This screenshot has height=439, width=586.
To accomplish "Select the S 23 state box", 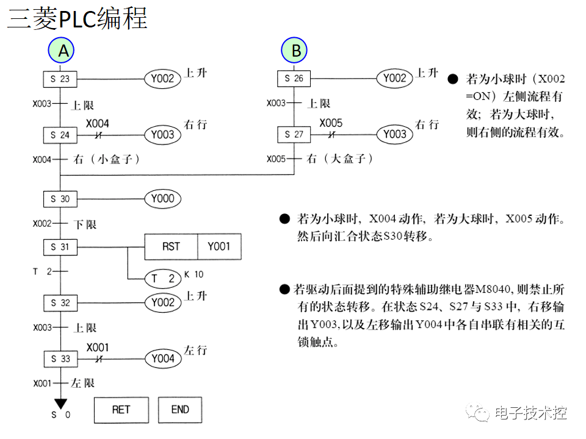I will tap(60, 79).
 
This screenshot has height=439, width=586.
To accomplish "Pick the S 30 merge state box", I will tap(60, 199).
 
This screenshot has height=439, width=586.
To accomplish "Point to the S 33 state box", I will tap(60, 359).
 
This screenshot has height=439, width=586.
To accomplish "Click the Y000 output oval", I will tap(163, 199).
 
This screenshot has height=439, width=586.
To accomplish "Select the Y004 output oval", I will tap(163, 359).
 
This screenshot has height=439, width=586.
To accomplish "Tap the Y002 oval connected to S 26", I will tap(394, 79).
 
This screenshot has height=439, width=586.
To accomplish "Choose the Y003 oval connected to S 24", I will tap(163, 135).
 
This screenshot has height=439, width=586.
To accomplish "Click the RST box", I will tap(171, 247).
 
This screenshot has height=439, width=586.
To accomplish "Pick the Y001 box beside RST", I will tap(219, 247).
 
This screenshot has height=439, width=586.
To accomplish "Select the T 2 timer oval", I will tap(163, 279).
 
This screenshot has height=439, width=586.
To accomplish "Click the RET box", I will tap(121, 410).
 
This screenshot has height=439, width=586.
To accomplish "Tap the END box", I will tap(180, 410).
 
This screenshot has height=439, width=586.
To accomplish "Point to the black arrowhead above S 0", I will tap(60, 403).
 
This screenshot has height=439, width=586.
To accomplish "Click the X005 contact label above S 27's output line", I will tap(331, 123).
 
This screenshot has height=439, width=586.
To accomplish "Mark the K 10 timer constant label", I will tap(194, 274).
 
